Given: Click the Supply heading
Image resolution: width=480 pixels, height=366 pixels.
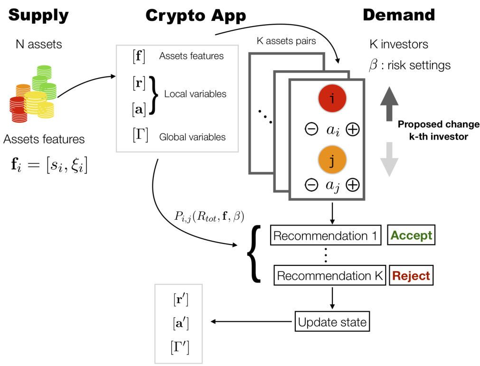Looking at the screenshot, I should pos(38,15).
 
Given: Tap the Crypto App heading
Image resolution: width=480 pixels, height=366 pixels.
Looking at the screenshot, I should pos(196,15).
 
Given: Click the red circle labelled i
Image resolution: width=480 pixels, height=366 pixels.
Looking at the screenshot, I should pos(332,98).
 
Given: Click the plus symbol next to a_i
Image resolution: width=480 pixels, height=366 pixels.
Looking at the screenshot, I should pos(352,129).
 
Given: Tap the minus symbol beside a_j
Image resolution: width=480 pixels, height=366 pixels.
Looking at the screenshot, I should pos(311,185).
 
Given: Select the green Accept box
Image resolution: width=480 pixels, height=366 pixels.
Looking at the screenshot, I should pos(411,235).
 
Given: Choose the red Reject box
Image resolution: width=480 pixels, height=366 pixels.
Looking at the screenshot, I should pos(411,276).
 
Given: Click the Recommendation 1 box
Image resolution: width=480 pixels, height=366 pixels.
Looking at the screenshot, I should pos(325,236).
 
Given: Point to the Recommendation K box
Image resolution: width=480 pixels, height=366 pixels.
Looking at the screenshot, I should pos(330,276).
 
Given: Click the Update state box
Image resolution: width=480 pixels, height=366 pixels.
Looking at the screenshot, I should pos(332,322).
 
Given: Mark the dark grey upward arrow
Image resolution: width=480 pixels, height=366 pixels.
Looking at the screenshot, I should pos(389,103).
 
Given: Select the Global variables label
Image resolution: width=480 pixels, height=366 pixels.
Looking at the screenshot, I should pos(192,137).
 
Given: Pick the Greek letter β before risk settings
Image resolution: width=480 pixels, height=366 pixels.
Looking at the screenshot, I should pos(374,65).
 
